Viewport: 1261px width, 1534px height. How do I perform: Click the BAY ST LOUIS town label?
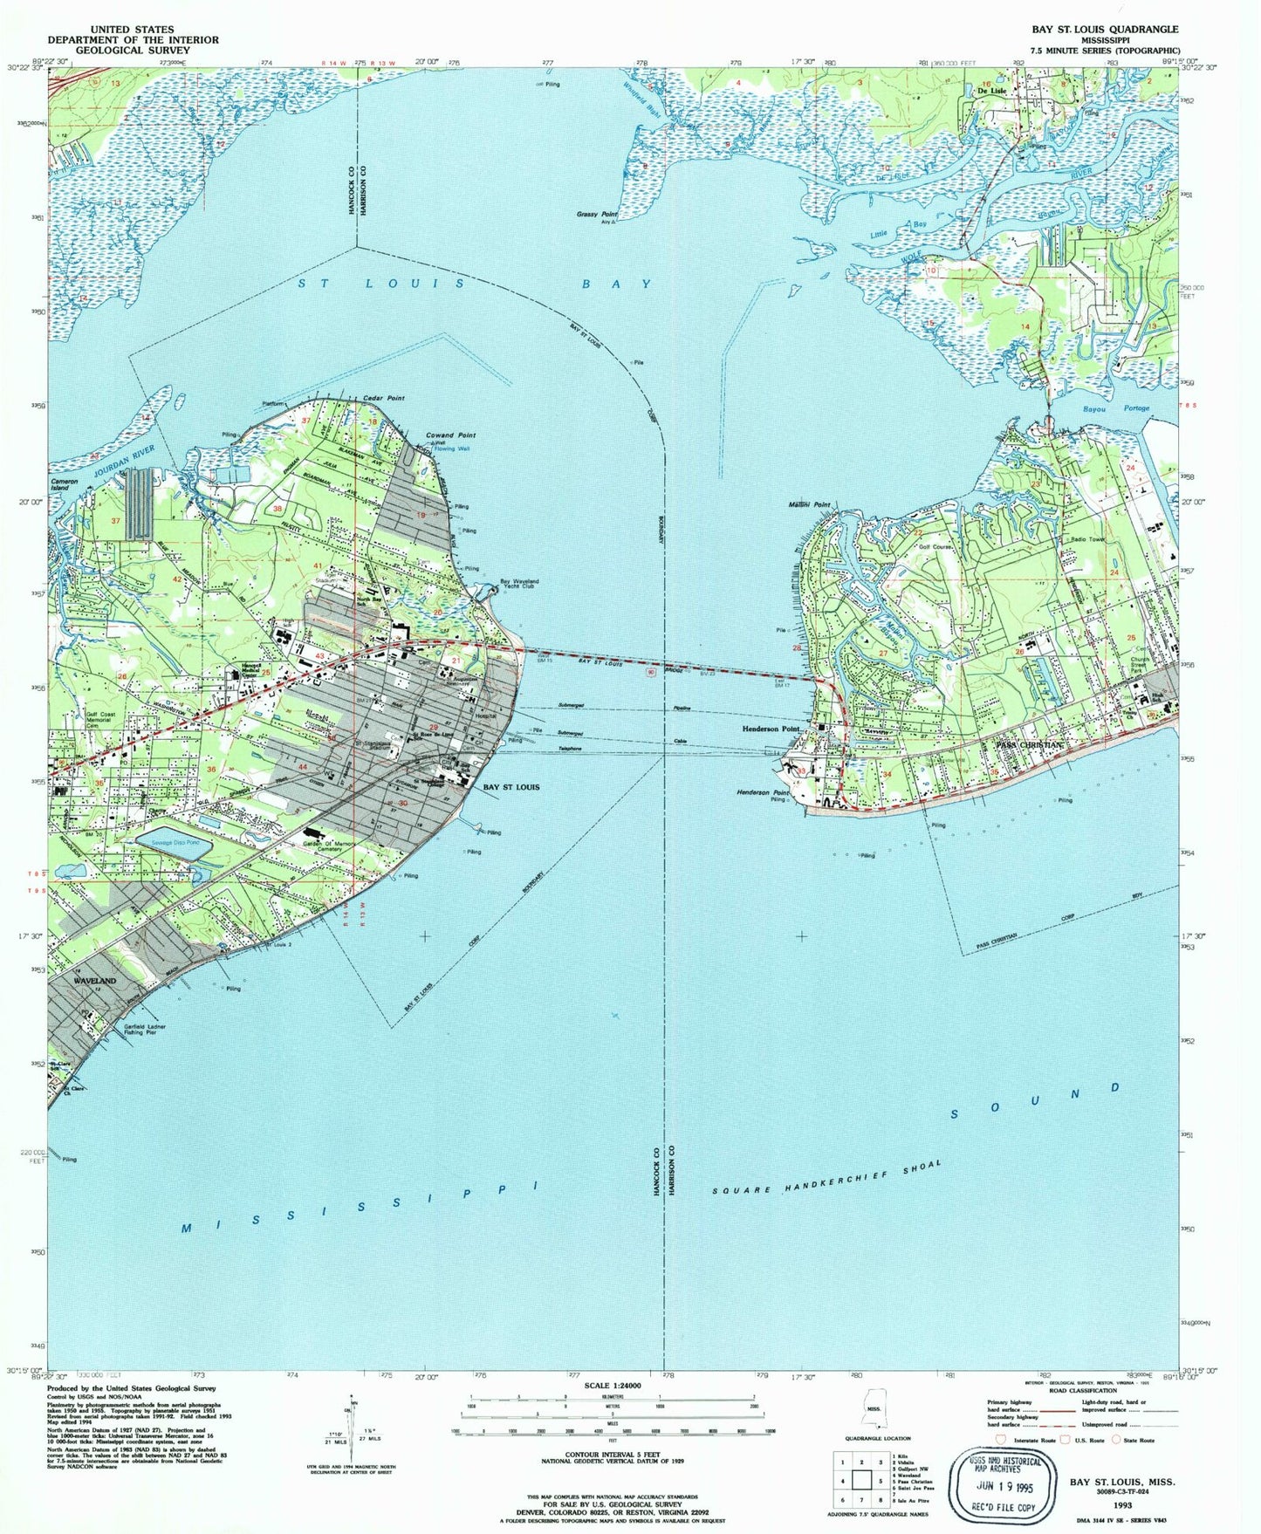pos(511,787)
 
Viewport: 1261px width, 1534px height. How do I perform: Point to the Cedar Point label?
pos(384,398)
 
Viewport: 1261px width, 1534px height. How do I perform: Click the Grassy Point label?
pos(597,214)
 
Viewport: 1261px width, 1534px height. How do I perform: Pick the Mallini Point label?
pos(810,504)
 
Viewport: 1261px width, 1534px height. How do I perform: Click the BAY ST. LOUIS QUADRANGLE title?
pos(1105,29)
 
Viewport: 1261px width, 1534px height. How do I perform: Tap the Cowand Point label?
pos(450,435)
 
